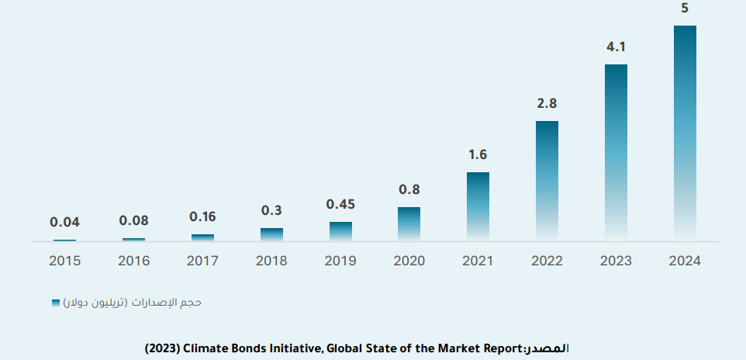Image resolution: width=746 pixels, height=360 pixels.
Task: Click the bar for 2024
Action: point(685,132)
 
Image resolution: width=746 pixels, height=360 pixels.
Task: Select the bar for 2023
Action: point(616,151)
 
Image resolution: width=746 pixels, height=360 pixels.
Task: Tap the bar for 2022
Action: point(547,180)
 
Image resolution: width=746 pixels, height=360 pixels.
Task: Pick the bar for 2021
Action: point(478,206)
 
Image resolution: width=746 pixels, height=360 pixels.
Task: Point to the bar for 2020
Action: point(409,223)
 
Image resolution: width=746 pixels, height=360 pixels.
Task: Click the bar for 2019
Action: point(340,231)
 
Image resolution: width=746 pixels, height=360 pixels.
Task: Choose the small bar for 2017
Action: point(202,237)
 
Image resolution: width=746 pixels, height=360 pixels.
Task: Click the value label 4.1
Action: point(616,47)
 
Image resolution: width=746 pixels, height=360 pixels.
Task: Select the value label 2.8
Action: point(547,103)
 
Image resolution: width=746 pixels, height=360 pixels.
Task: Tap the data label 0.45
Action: point(340,205)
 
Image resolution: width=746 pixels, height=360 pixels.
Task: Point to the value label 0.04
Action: point(65,222)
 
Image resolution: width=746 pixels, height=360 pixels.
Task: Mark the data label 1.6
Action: point(478,155)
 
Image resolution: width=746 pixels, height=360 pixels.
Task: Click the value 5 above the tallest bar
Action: point(685,9)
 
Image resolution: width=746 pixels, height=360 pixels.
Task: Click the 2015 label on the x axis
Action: point(65,261)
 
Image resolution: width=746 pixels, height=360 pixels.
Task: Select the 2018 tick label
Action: point(271,261)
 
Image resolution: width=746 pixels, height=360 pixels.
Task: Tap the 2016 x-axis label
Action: point(133,261)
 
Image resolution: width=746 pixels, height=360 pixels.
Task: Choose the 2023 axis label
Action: point(616,261)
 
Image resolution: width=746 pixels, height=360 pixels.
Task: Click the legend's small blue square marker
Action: point(55,302)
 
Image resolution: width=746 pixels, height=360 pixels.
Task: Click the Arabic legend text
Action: point(133,302)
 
